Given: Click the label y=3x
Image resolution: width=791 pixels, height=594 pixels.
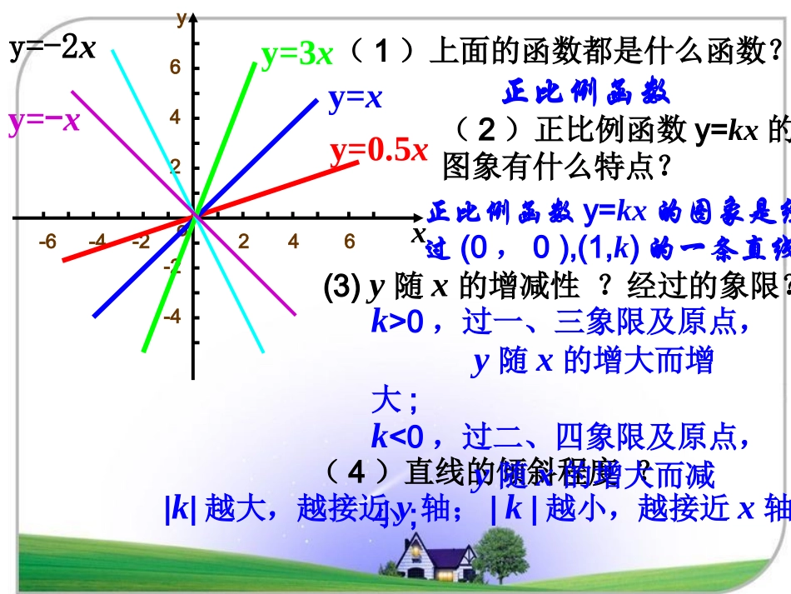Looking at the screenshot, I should (x=296, y=55).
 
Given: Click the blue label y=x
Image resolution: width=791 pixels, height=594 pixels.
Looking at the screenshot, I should (x=355, y=99).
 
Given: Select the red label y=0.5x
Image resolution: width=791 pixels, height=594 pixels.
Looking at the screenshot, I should (x=379, y=151).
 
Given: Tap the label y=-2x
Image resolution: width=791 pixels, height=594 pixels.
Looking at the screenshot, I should (x=52, y=47).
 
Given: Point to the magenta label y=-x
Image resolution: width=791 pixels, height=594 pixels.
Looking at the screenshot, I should (x=44, y=122).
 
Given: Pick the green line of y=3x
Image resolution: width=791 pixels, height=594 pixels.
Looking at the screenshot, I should (x=229, y=125).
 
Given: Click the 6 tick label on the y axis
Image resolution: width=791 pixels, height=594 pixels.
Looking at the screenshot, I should (x=176, y=68).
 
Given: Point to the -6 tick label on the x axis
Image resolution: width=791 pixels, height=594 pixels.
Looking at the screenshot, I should (x=48, y=242).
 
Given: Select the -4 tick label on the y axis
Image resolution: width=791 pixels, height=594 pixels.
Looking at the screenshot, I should (x=172, y=317).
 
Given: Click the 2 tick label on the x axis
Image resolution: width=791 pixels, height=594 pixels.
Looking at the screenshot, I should (x=244, y=242).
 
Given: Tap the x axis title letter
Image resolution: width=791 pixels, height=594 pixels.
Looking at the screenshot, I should (x=418, y=234).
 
